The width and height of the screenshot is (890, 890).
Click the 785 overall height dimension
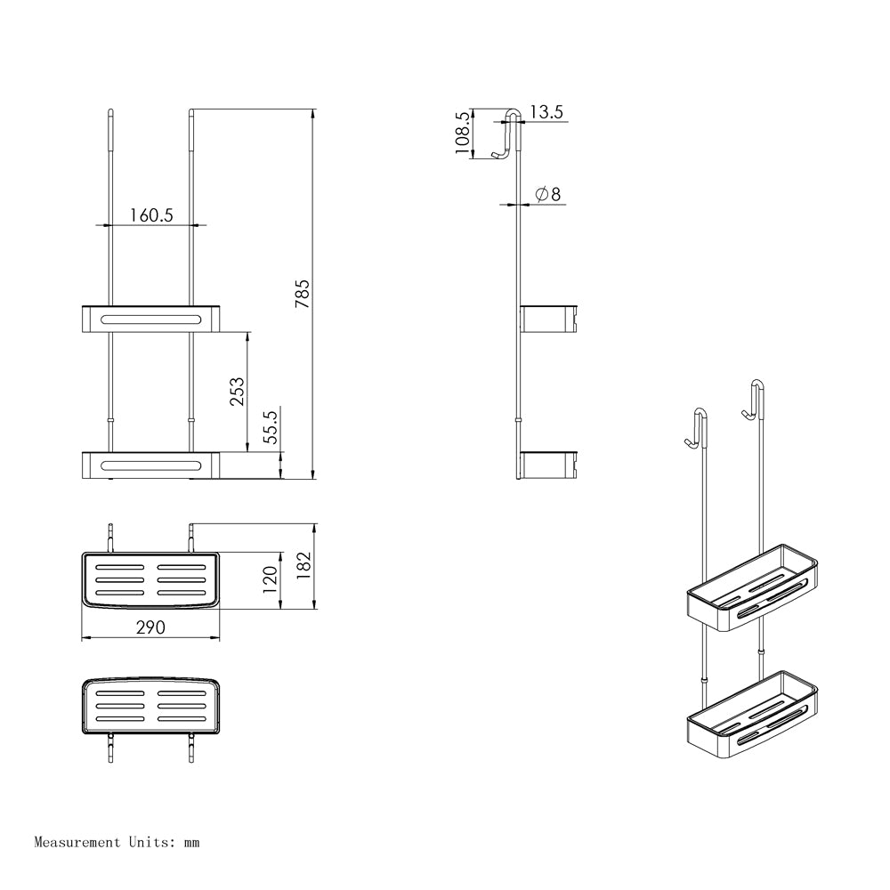[303, 294]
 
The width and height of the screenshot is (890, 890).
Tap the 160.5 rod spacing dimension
[150, 214]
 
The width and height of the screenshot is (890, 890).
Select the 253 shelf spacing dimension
[238, 392]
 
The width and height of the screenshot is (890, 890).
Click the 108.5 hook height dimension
[462, 133]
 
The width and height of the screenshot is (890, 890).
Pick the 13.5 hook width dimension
[546, 112]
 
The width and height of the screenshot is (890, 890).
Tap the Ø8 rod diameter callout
[547, 194]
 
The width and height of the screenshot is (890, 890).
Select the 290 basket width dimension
[150, 627]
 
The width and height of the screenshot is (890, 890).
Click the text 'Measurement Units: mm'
[117, 841]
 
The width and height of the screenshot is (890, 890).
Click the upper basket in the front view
[150, 318]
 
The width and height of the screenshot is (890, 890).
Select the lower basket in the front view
[150, 464]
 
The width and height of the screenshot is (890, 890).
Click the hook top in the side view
[509, 133]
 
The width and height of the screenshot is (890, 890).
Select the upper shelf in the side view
[549, 318]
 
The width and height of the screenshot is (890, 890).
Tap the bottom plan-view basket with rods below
[150, 708]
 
